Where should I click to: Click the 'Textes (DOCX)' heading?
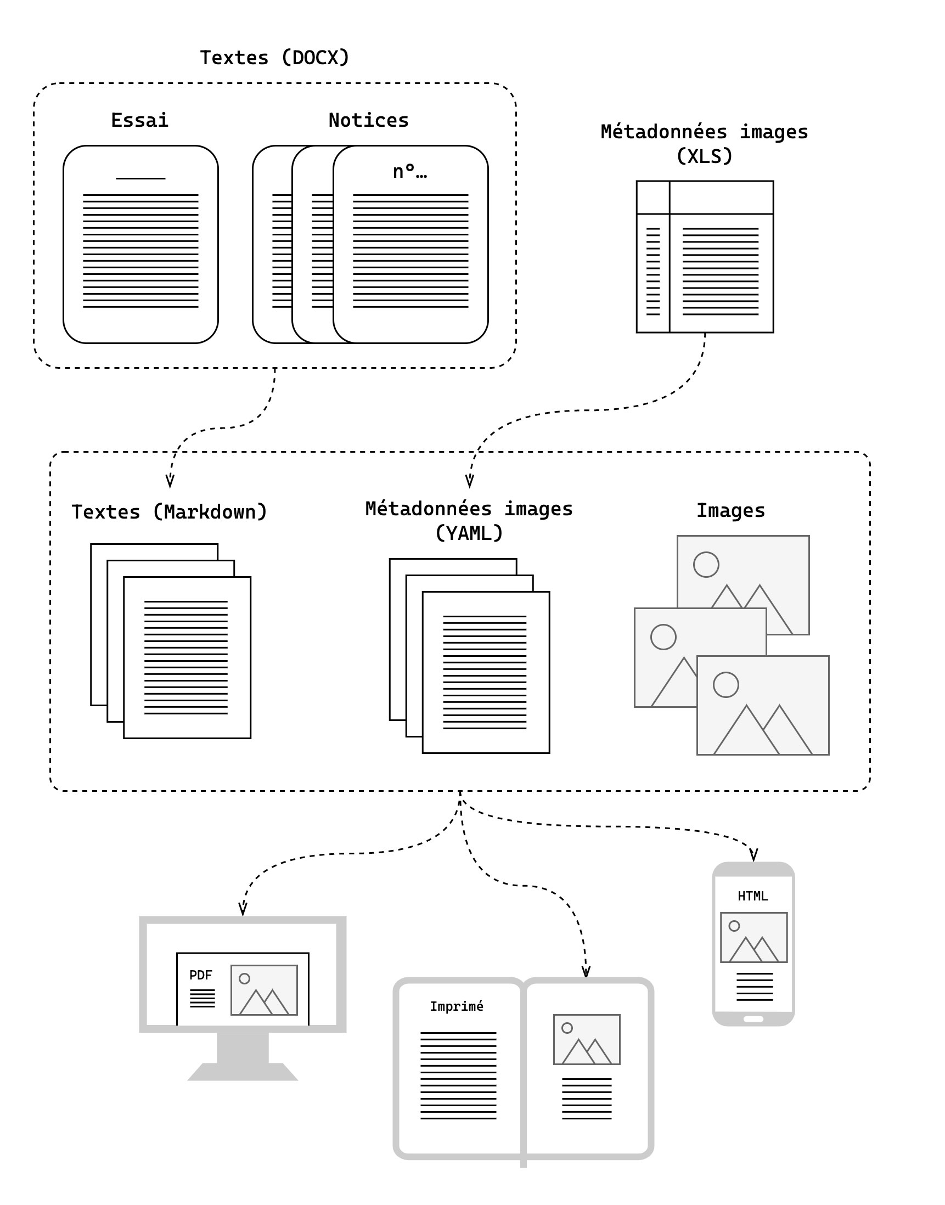[274, 58]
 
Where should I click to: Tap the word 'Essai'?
[139, 120]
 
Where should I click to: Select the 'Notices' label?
[368, 120]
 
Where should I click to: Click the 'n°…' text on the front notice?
[409, 172]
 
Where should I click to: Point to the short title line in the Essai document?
[140, 178]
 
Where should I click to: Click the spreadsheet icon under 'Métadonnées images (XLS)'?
[704, 257]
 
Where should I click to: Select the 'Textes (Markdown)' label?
[170, 512]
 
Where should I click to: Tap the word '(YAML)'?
[469, 533]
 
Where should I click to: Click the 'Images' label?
[730, 510]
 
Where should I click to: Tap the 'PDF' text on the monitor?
[200, 975]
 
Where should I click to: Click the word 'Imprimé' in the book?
[457, 1006]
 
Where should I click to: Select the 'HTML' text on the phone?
[752, 896]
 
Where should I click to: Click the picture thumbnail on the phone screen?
[753, 937]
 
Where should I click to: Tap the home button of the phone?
[753, 1018]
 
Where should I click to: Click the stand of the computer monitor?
[243, 1055]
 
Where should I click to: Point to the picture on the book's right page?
[587, 1039]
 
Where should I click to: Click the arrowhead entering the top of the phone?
[753, 855]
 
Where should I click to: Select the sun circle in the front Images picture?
[726, 685]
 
